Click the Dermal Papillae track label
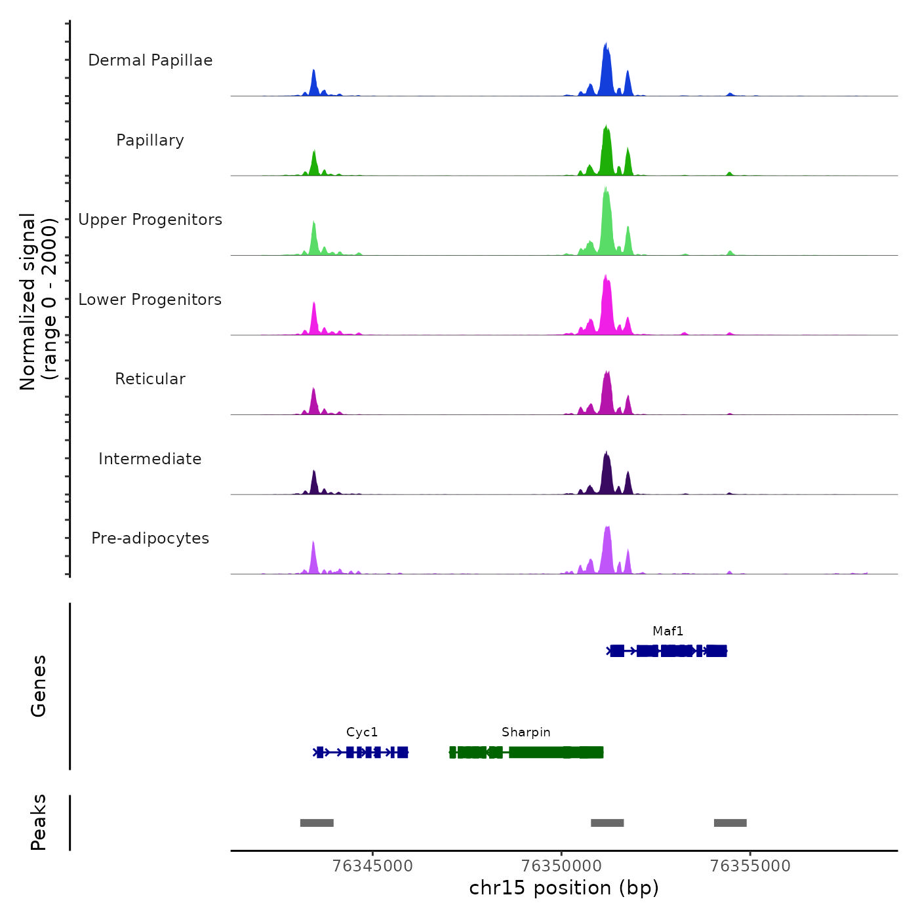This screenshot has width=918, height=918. click(x=150, y=60)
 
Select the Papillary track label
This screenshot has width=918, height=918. click(x=150, y=140)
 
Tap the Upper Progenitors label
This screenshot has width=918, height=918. click(x=150, y=220)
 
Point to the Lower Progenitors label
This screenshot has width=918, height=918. click(x=150, y=300)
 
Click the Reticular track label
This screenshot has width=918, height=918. click(x=150, y=379)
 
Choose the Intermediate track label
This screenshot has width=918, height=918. click(x=150, y=459)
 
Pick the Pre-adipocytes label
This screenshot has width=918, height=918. click(x=150, y=538)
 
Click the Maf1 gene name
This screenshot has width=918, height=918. click(x=668, y=631)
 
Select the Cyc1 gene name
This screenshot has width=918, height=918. click(x=362, y=732)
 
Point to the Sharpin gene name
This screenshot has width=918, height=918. click(x=526, y=732)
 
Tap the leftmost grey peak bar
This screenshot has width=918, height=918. click(x=317, y=823)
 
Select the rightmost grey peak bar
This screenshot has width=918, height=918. click(x=730, y=823)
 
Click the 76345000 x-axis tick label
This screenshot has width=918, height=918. click(x=372, y=866)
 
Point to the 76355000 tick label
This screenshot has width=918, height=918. click(x=750, y=866)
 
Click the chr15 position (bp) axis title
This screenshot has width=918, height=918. click(x=564, y=888)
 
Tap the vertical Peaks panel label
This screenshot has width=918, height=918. click(x=38, y=822)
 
